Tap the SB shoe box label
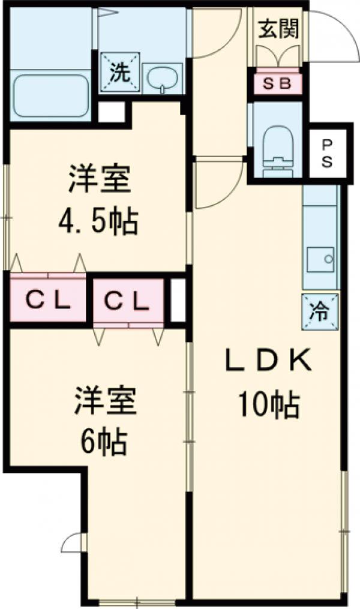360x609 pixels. click(277, 83)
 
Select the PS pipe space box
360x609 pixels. click(327, 154)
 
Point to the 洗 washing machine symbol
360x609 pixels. click(119, 73)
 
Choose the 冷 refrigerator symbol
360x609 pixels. click(320, 312)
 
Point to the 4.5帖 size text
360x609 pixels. click(98, 222)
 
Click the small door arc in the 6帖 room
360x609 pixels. click(72, 542)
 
